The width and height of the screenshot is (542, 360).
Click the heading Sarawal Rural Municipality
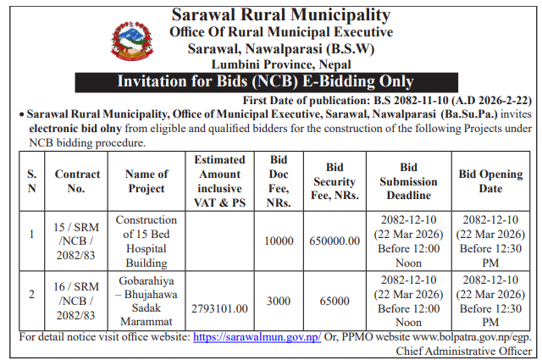(280, 15)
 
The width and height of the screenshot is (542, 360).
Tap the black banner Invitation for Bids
(280, 82)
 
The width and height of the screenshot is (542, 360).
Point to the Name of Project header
(146, 181)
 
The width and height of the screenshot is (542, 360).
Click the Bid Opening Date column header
(490, 181)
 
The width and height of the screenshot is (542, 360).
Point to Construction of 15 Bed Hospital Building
(146, 241)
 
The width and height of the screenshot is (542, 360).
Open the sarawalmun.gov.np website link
(257, 337)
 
